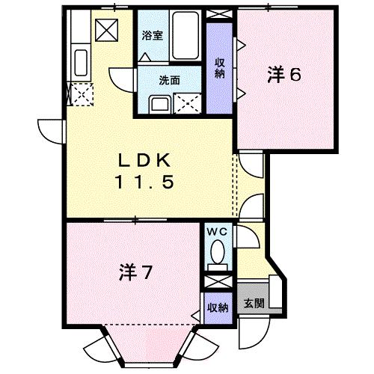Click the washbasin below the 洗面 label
point(159,104)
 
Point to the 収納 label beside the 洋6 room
point(220,67)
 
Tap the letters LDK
point(147,160)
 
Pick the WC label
point(219,232)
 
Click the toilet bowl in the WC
point(219,252)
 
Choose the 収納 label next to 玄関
point(218,307)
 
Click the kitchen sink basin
point(81,62)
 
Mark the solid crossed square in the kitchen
point(105,31)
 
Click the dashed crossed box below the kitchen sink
point(79,94)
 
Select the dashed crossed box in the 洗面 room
point(186,103)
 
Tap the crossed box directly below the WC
point(218,282)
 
